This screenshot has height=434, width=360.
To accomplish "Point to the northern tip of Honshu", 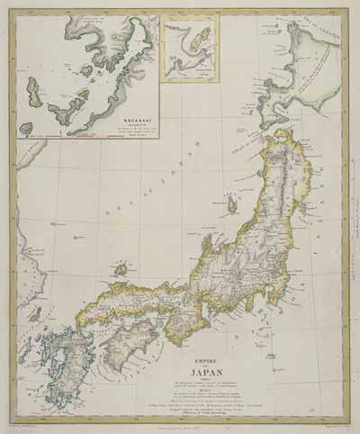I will pos(287,135).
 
